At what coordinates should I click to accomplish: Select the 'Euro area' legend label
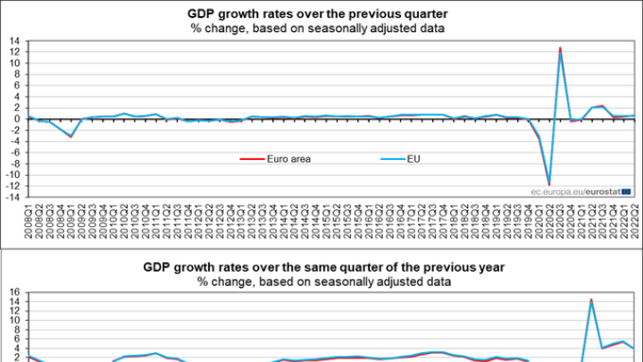287,160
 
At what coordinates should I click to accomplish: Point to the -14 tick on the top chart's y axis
14,196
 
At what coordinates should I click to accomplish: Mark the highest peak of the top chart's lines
560,49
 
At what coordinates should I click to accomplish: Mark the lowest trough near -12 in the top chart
549,184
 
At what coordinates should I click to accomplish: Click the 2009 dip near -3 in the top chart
71,136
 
